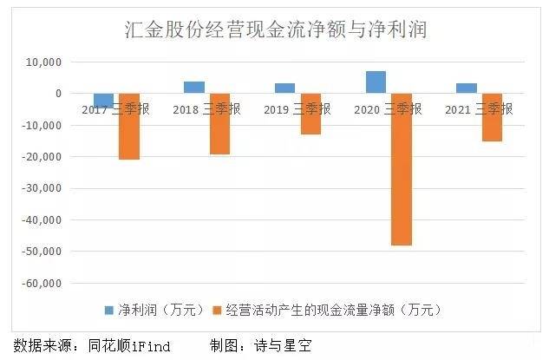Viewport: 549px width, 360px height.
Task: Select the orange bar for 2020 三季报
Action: coord(401,169)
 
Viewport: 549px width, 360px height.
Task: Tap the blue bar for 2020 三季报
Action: coord(376,82)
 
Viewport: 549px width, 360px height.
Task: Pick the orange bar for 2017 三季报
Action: coord(128,127)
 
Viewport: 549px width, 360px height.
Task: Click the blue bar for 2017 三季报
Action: coord(103,100)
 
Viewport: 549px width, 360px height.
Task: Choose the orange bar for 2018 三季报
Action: coord(219,124)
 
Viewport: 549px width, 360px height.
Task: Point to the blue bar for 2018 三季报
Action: coord(194,88)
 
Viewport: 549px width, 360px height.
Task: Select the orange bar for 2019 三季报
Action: coord(310,114)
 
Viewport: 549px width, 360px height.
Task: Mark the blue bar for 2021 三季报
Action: coord(467,88)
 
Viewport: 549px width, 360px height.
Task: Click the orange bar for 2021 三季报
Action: coord(492,117)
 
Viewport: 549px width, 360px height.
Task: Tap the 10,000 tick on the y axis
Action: coord(42,62)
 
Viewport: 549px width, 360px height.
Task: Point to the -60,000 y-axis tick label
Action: coord(40,283)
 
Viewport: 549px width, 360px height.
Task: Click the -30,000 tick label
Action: coord(40,188)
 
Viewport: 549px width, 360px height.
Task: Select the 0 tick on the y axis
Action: coord(56,94)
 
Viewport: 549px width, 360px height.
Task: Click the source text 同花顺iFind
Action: coord(129,345)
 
